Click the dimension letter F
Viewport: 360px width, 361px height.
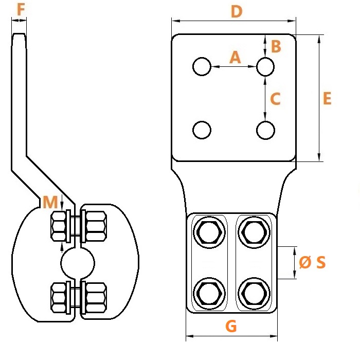(x=21, y=10)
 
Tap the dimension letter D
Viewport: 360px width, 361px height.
(x=237, y=11)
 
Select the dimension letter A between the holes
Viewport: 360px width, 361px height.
(x=235, y=57)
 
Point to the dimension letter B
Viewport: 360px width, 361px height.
(x=276, y=46)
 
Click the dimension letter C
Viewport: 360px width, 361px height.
(x=275, y=99)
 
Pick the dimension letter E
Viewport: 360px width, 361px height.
(x=327, y=98)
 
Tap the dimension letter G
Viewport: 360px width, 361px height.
(x=231, y=326)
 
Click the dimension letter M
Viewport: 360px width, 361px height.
(x=50, y=202)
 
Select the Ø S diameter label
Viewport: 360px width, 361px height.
(x=312, y=262)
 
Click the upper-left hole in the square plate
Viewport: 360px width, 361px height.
(x=202, y=66)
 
